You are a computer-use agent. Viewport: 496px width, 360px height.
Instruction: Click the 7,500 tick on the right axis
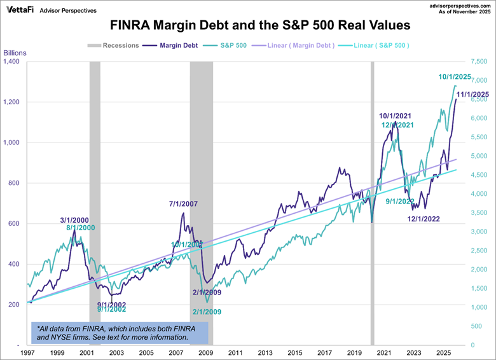click(x=479, y=62)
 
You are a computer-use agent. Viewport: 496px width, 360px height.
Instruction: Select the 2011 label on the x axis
click(x=235, y=352)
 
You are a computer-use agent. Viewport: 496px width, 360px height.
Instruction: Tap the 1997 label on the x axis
click(x=27, y=352)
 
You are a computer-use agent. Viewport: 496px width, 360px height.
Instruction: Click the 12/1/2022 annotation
click(x=426, y=219)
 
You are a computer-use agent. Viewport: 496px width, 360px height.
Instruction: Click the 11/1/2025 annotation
click(x=472, y=94)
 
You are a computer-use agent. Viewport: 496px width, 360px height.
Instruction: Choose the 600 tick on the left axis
click(x=14, y=224)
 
